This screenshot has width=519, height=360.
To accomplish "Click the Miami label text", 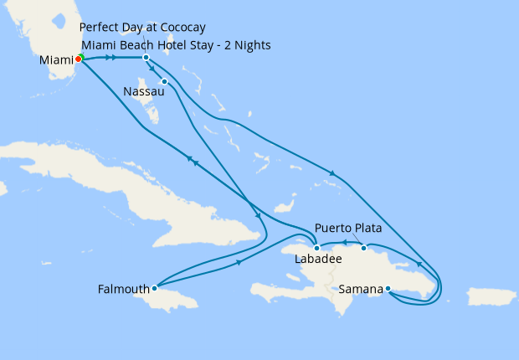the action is click(56, 61).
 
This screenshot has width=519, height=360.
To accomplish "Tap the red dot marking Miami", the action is click(78, 59).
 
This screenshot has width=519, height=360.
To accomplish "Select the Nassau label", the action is click(142, 90).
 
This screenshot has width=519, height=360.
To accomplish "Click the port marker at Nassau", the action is click(165, 81).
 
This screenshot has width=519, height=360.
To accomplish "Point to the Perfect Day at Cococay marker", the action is click(146, 57).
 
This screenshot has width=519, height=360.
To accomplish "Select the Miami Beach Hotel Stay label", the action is click(177, 45).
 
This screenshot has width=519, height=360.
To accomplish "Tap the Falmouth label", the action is click(123, 290).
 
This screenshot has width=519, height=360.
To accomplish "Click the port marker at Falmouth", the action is click(154, 288).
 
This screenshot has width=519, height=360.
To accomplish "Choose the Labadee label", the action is click(319, 260).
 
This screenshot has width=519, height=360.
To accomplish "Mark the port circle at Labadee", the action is click(316, 248).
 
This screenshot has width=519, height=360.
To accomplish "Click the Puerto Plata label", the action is click(350, 228).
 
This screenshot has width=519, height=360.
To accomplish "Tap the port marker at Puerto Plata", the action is click(363, 248).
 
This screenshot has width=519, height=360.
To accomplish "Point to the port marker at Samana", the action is click(388, 290).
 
